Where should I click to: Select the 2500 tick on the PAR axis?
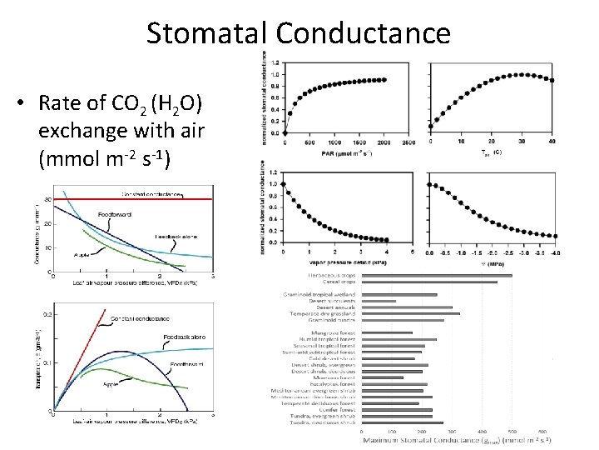(408, 142)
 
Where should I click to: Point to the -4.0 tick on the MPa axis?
(555, 253)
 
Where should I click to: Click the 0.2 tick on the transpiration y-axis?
(47, 315)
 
